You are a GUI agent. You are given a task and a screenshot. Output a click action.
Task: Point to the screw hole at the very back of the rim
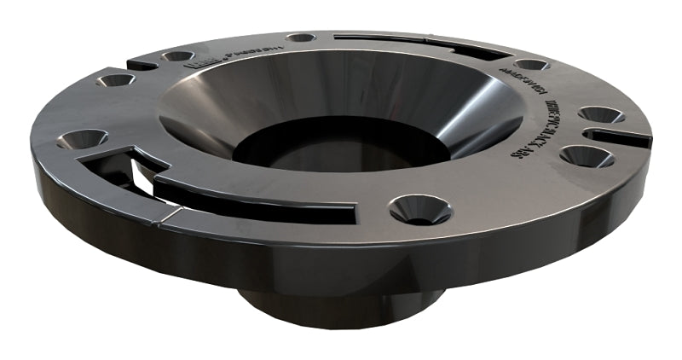[300, 38]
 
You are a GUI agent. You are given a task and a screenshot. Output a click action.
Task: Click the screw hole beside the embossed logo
[178, 56]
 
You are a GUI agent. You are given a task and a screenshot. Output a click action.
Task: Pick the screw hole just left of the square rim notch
[114, 80]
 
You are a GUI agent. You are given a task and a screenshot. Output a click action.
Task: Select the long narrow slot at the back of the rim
[409, 43]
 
